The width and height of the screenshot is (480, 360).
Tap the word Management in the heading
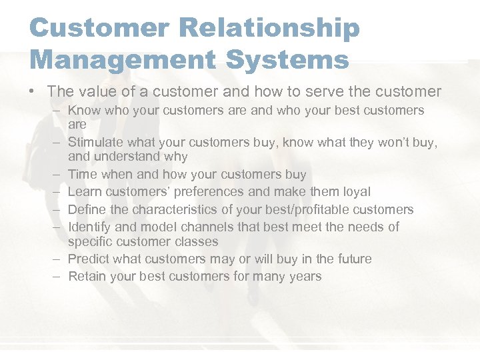(x=117, y=59)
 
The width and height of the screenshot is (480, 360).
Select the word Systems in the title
(x=283, y=59)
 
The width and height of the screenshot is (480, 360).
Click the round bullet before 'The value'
(x=33, y=92)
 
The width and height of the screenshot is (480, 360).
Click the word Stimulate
(x=98, y=141)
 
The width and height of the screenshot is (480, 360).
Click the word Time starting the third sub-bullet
(x=83, y=175)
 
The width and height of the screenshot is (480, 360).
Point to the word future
(x=351, y=259)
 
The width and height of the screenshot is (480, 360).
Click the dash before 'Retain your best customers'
(x=59, y=276)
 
